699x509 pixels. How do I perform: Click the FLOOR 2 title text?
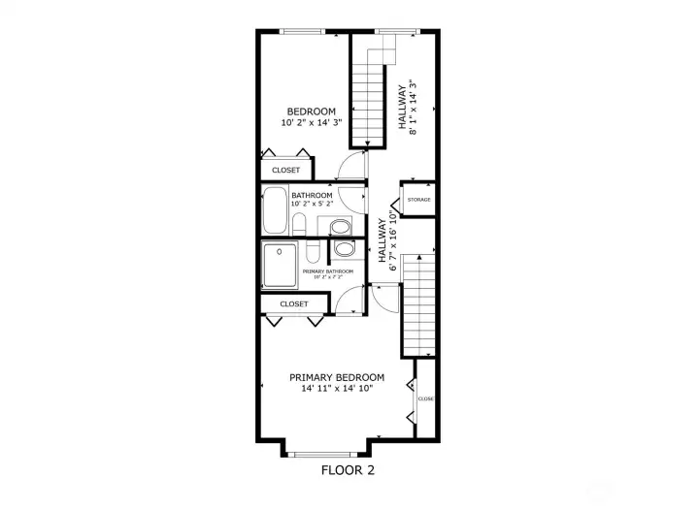pos(348,470)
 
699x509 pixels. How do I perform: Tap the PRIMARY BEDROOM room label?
pos(337,377)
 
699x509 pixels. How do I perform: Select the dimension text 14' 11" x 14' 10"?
pos(337,389)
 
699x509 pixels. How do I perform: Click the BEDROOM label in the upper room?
pos(311,111)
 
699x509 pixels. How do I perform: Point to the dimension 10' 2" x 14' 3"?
pos(311,123)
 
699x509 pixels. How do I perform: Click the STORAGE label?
pos(418,200)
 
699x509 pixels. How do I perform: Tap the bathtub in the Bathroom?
pos(275,210)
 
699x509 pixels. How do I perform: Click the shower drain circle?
pos(282,251)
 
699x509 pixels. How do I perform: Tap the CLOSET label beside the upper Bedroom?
pos(285,170)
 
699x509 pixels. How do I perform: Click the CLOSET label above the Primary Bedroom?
pos(293,303)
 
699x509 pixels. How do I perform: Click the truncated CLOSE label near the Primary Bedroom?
pos(425,398)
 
